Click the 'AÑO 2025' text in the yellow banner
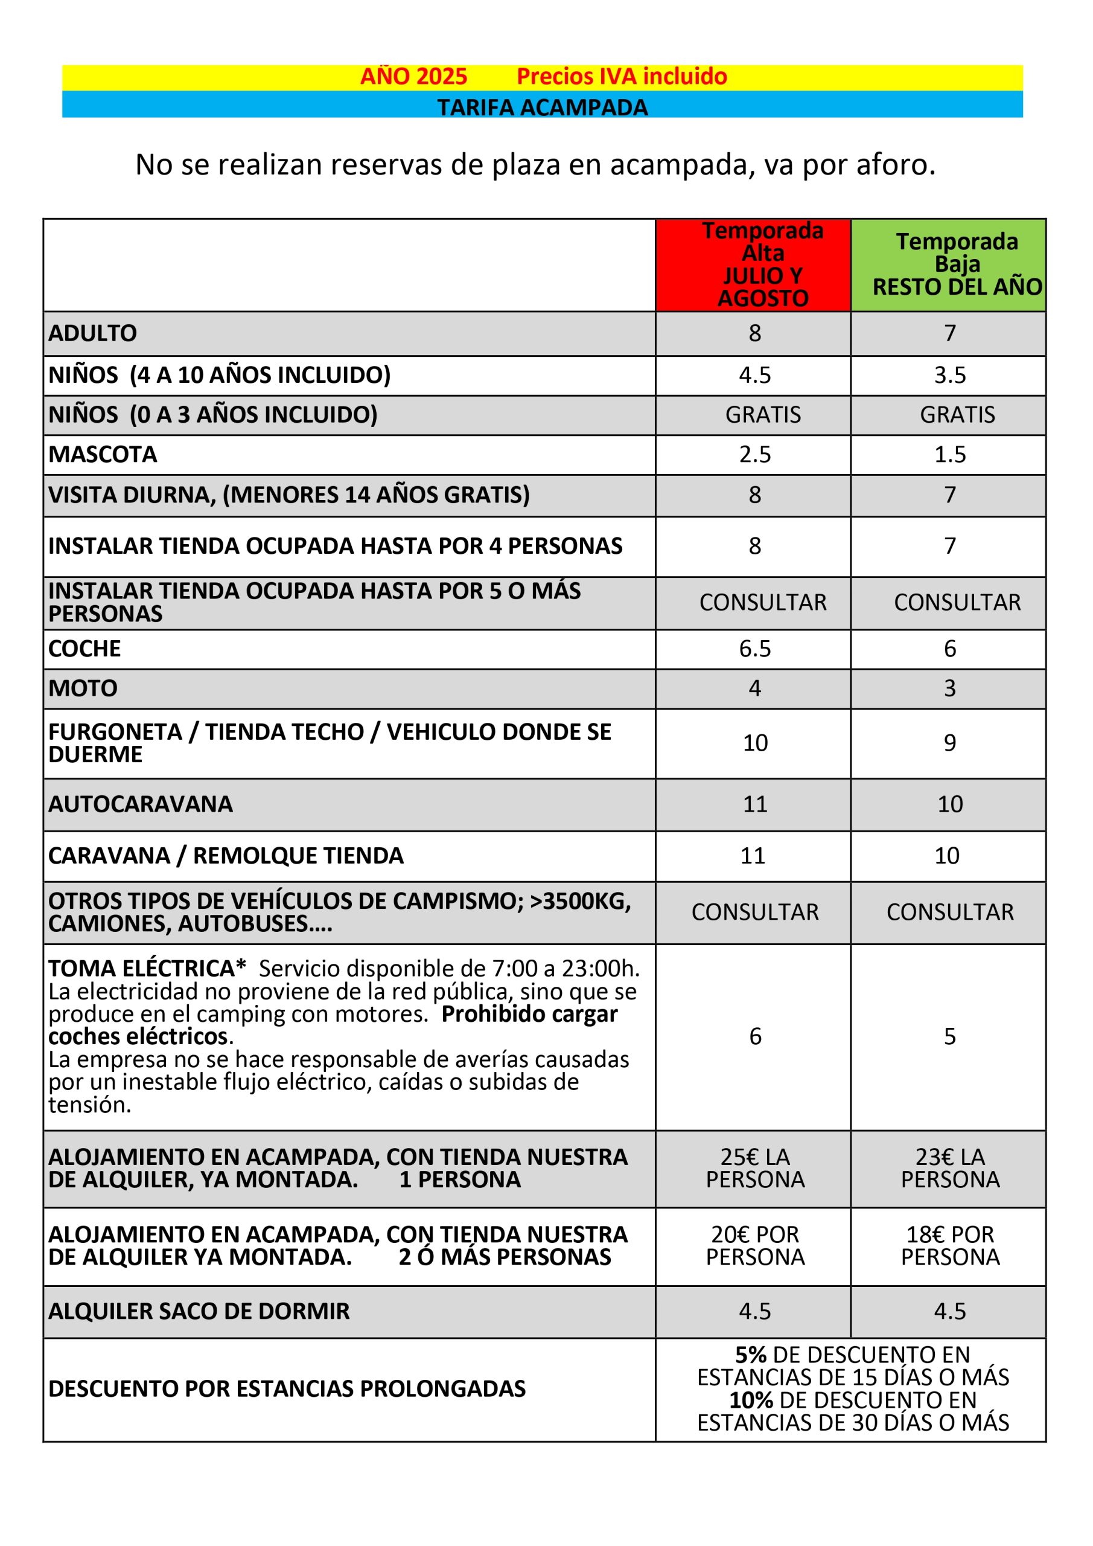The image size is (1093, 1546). [x=413, y=77]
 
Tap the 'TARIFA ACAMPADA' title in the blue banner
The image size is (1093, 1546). [x=543, y=107]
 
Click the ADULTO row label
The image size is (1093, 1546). [x=93, y=333]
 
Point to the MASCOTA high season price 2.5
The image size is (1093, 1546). [x=754, y=455]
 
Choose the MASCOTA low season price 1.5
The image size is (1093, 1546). [x=949, y=455]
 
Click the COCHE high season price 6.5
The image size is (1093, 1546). [x=754, y=649]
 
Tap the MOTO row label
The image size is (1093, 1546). [x=83, y=688]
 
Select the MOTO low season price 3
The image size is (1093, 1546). [x=949, y=688]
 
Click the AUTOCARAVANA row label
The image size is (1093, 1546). [x=141, y=804]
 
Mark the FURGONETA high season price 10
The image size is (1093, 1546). [x=755, y=743]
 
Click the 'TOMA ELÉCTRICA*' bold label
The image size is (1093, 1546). [x=147, y=968]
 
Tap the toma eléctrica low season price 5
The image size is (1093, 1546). [x=949, y=1036]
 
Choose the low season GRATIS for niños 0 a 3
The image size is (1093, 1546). [x=957, y=415]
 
